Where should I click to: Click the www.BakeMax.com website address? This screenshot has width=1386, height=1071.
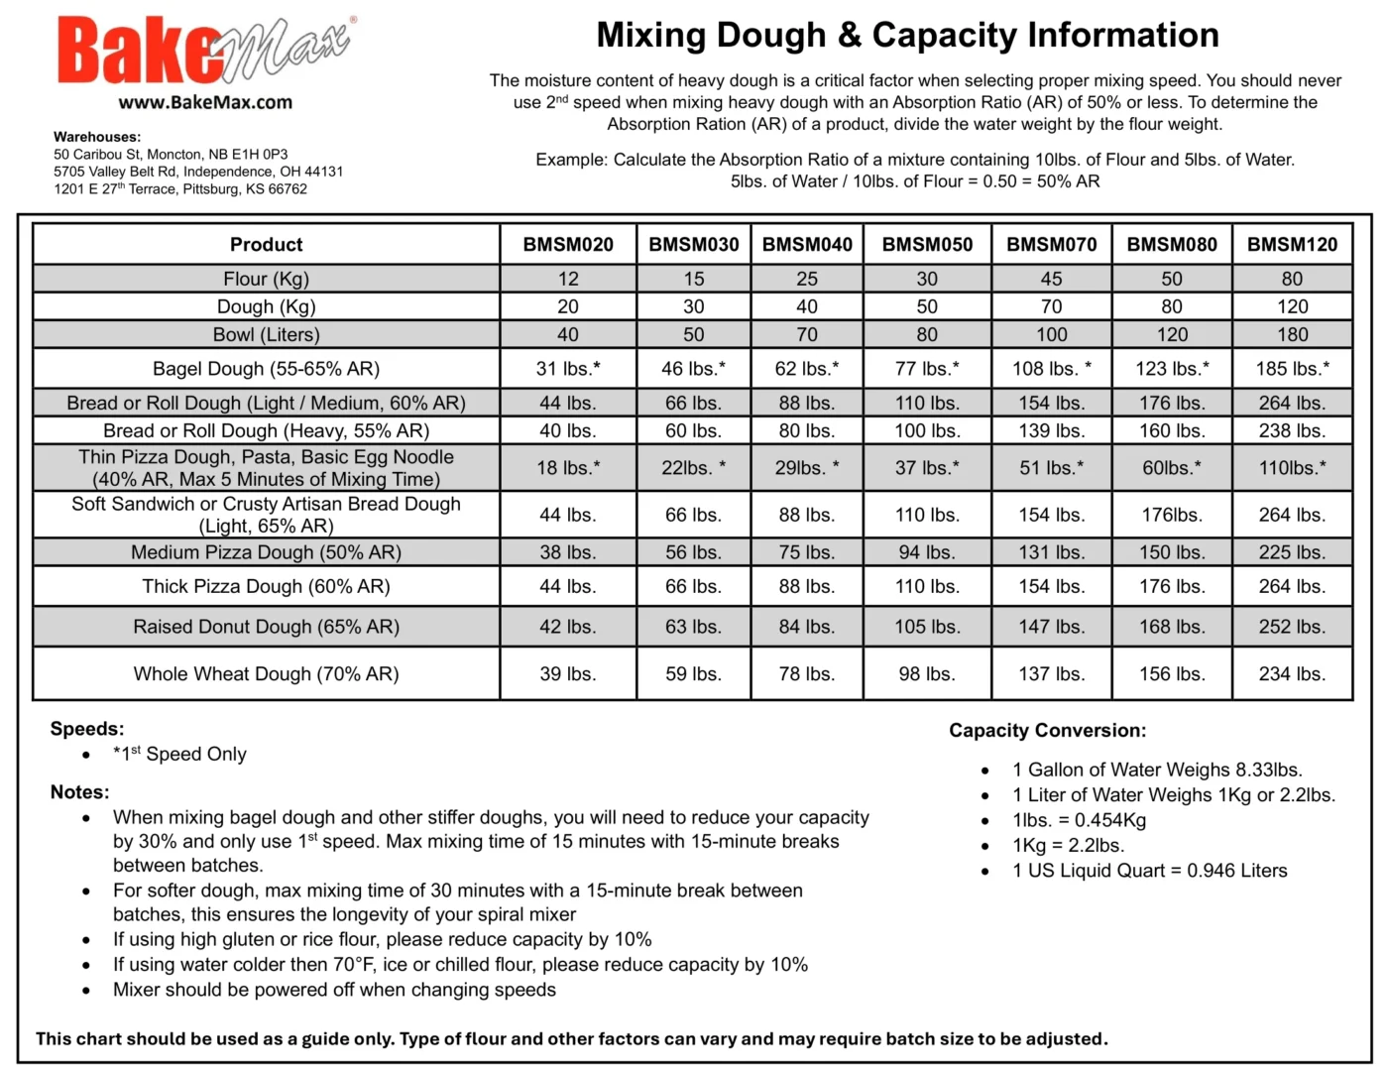tap(205, 102)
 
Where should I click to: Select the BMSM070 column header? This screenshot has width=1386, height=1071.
tap(1051, 244)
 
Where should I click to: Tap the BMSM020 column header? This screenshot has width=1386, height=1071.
tap(568, 244)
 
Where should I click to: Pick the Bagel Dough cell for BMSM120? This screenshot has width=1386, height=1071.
tap(1292, 369)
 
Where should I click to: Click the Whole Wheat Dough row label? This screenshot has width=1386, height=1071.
tap(266, 674)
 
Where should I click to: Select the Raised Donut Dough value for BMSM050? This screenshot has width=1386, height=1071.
tap(927, 627)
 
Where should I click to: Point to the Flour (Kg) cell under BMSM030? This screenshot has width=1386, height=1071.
tap(693, 279)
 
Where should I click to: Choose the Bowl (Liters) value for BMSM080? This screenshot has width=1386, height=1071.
tap(1171, 334)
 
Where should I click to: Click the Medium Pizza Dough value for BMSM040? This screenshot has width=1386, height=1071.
tap(806, 552)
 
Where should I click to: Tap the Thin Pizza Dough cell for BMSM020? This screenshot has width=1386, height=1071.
tap(568, 467)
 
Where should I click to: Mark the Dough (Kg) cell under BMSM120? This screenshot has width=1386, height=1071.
tap(1292, 306)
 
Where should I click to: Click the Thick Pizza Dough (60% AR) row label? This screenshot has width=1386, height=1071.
tap(266, 586)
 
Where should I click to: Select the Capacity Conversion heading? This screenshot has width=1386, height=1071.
tap(1047, 731)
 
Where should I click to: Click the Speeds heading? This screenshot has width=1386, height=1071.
tap(87, 729)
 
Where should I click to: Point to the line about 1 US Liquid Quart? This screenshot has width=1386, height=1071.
tap(1149, 871)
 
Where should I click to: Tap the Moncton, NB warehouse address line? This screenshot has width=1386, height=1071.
tap(171, 155)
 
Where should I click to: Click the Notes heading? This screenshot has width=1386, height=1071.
tap(79, 792)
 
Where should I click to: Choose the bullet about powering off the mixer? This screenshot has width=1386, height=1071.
tap(334, 990)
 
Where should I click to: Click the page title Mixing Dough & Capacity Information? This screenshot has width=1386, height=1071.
tap(907, 36)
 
